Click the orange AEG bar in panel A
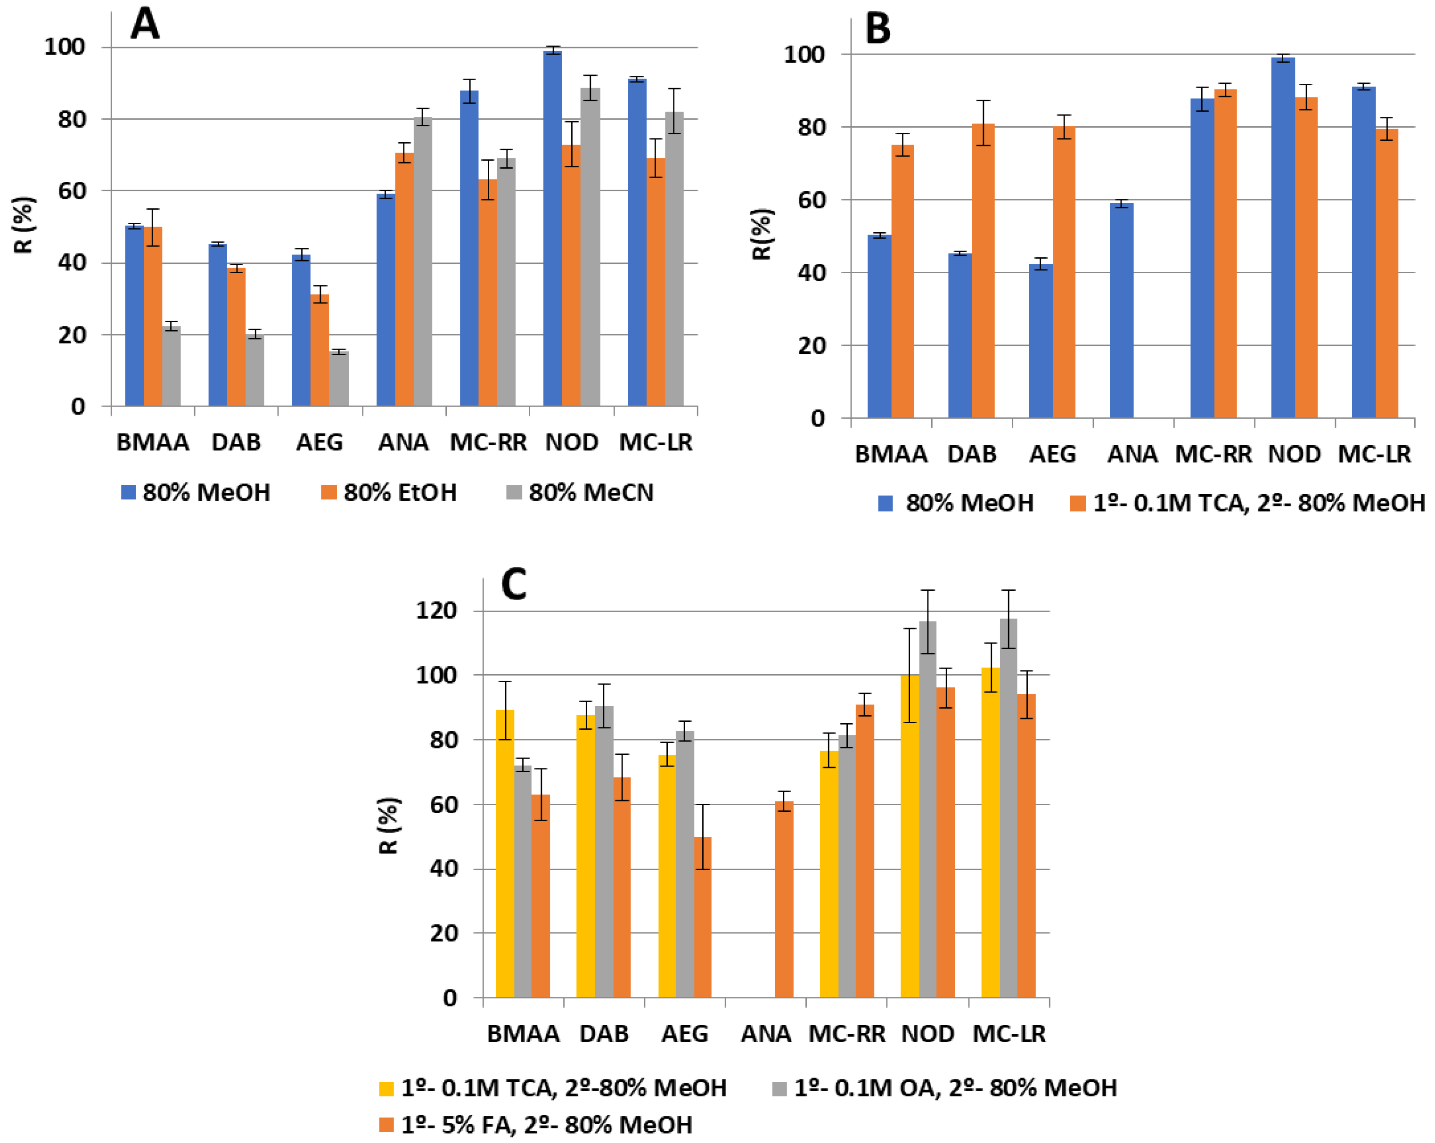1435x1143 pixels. [320, 349]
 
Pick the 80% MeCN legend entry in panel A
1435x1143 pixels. [579, 492]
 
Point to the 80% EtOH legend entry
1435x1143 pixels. [389, 492]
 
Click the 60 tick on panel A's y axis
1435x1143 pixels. [72, 191]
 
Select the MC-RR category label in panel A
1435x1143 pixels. [488, 442]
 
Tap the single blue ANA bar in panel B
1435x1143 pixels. [1122, 310]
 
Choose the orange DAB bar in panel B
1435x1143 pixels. [983, 270]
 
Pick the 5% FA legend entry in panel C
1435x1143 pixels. [536, 1124]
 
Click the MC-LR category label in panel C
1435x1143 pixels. [1009, 1034]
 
